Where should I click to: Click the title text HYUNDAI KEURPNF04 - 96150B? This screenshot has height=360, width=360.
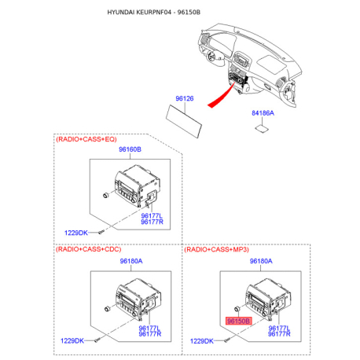153,14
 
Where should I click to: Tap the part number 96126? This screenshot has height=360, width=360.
184,98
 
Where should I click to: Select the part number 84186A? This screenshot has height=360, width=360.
263,113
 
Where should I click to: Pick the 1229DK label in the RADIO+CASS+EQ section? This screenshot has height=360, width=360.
75,232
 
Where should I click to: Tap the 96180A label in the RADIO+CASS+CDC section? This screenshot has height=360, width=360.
131,260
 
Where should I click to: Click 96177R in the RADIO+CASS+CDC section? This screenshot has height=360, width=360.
149,334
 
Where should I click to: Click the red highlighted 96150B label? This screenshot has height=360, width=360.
238,321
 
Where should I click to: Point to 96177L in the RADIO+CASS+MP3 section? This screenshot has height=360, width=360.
279,328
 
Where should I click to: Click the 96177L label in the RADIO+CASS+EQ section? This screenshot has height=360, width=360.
152,215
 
